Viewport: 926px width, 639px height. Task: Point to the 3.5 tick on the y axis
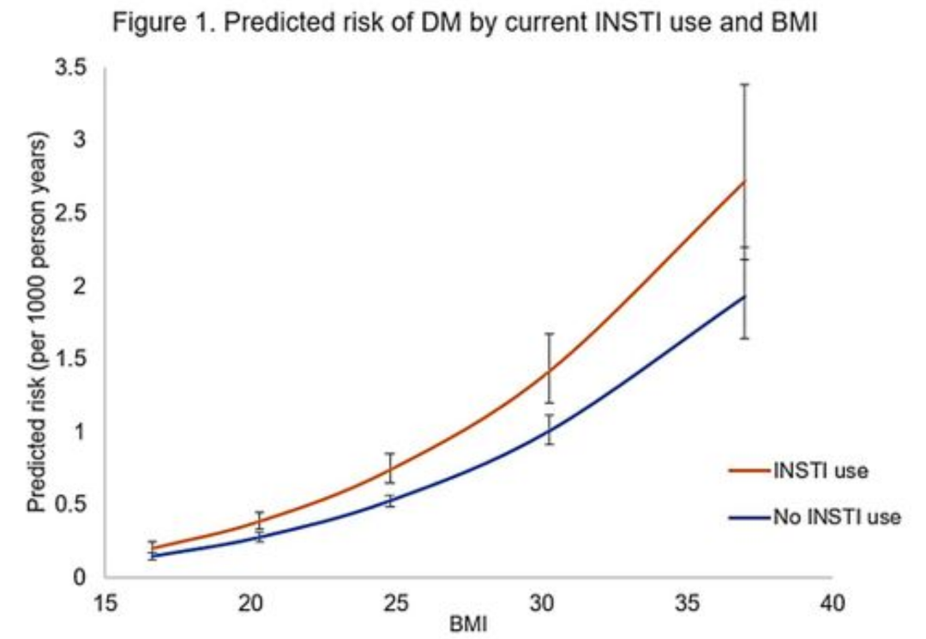(76, 69)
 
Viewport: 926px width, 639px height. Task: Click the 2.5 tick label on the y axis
(76, 213)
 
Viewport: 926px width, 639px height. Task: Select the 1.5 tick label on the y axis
(76, 358)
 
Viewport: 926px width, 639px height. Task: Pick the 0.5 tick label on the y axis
(76, 503)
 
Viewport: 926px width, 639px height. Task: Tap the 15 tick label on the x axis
(105, 604)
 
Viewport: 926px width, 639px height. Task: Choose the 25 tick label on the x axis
(395, 604)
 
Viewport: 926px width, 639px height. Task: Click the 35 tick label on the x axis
(686, 604)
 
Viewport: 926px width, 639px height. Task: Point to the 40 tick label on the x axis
(832, 604)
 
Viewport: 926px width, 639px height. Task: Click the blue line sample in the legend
(749, 517)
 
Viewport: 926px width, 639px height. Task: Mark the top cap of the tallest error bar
(744, 85)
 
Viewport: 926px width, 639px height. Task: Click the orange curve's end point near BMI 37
(744, 181)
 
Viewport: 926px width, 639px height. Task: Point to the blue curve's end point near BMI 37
(744, 296)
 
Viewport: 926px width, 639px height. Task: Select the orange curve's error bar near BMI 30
(549, 368)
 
